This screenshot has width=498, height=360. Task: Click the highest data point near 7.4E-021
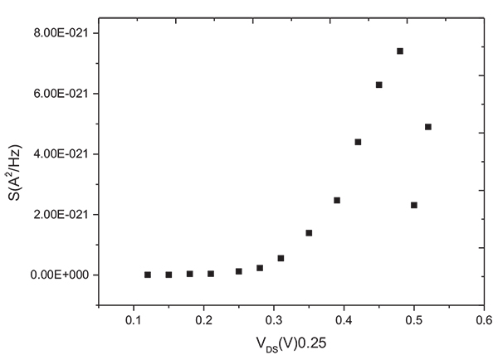(400, 51)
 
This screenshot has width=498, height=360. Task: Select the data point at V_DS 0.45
(378, 85)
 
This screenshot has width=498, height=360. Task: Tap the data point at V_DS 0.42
(358, 142)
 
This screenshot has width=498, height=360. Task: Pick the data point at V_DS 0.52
(428, 127)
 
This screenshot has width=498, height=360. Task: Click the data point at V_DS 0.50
(414, 205)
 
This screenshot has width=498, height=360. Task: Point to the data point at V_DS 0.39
(337, 200)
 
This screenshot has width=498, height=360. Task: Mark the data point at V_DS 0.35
(309, 233)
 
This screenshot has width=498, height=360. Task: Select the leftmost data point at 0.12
(148, 275)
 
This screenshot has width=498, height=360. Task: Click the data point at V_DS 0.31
(281, 258)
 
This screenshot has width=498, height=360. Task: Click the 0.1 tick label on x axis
(134, 319)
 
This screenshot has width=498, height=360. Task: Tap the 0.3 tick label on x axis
(274, 319)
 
